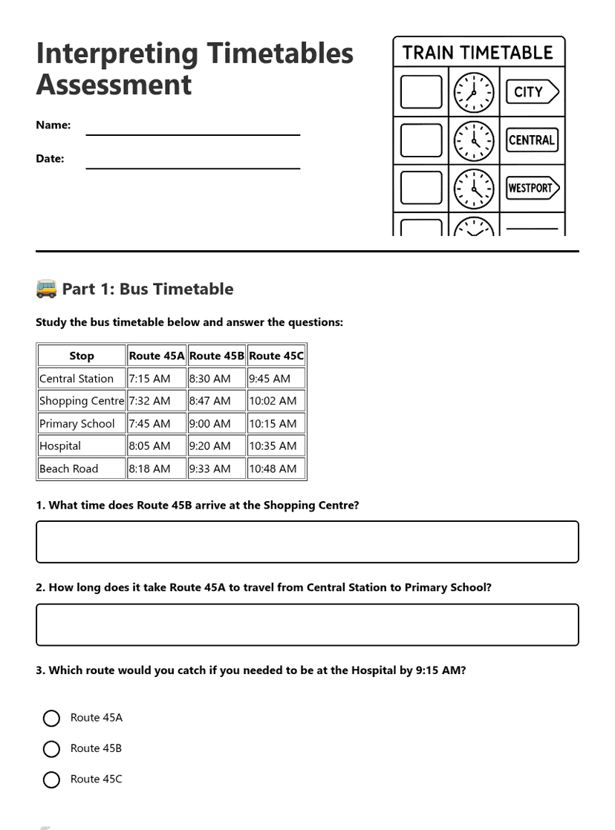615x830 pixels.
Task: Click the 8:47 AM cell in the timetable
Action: click(216, 401)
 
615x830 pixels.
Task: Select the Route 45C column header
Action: click(276, 356)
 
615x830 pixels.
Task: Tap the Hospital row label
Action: click(81, 446)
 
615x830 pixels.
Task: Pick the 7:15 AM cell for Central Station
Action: click(156, 379)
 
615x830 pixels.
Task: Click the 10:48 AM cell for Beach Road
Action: click(276, 468)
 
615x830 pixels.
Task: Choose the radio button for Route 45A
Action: click(51, 718)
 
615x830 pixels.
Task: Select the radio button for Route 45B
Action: click(51, 749)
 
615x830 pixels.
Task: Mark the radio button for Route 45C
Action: click(51, 780)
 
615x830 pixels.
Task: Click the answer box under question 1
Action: click(307, 542)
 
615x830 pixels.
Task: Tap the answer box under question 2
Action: click(307, 624)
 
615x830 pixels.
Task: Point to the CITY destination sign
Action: click(532, 92)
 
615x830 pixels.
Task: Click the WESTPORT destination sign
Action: click(532, 188)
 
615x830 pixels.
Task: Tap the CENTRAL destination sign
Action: click(532, 140)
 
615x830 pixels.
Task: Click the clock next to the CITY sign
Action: click(474, 93)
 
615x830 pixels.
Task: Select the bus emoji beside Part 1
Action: click(46, 289)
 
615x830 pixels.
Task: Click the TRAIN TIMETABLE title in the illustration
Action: click(478, 53)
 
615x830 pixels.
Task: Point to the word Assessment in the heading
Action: click(114, 85)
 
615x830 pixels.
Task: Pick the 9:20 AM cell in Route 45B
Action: click(216, 446)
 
